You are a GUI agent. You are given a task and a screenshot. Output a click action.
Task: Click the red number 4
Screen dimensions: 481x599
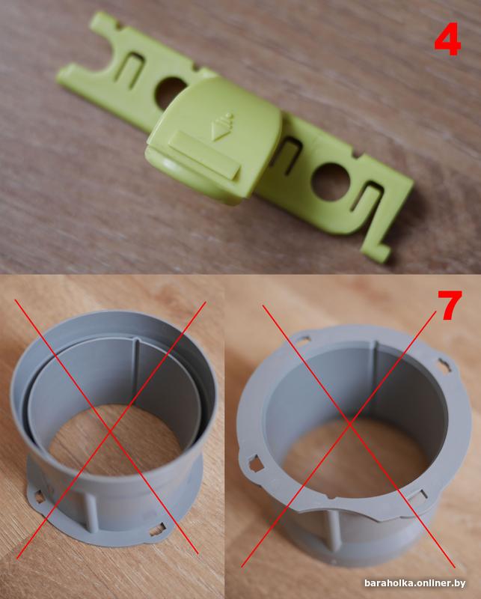(x=447, y=39)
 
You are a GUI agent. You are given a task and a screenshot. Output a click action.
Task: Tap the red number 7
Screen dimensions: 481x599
(x=450, y=305)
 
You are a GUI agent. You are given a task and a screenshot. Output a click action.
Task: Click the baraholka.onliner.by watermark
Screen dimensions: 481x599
(x=415, y=583)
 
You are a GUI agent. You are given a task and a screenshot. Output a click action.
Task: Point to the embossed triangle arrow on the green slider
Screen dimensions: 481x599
(x=221, y=128)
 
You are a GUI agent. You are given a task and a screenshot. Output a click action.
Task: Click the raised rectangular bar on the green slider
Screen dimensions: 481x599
(x=204, y=154)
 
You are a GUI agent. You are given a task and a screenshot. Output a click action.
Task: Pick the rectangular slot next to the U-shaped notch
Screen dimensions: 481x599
(x=130, y=70)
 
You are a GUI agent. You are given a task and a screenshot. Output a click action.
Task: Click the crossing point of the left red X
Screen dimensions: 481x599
(x=111, y=432)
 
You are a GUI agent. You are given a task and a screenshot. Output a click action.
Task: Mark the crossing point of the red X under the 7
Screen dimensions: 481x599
(x=349, y=423)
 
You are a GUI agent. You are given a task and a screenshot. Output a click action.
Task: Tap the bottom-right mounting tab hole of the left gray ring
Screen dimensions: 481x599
(x=157, y=530)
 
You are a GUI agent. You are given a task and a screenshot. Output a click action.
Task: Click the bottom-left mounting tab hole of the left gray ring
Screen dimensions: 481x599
(x=39, y=497)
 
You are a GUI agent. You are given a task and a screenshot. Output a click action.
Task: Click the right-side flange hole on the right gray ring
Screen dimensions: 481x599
(x=444, y=365)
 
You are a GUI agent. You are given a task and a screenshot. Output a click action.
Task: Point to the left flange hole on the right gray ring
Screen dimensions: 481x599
(x=255, y=463)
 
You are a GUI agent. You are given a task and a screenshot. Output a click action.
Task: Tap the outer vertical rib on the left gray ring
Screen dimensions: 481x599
(x=91, y=513)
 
